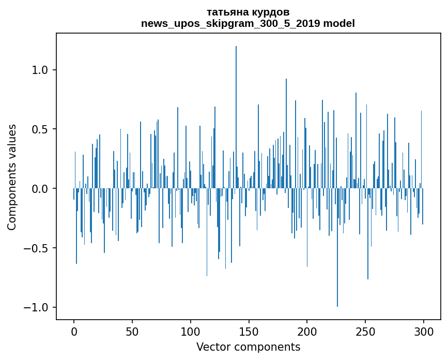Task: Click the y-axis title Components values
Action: [x=12, y=177]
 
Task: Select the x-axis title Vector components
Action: [x=248, y=347]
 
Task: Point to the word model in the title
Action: [x=339, y=24]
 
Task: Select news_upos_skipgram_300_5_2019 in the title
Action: [x=230, y=24]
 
